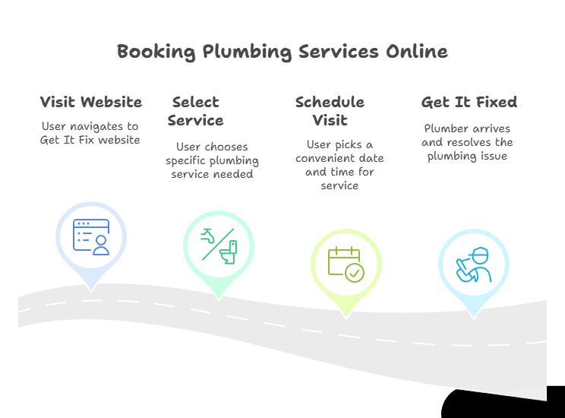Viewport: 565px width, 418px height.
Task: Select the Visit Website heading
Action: pyautogui.click(x=90, y=102)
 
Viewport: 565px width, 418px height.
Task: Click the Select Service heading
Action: pyautogui.click(x=195, y=111)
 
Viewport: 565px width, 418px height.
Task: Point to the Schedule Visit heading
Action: pyautogui.click(x=330, y=111)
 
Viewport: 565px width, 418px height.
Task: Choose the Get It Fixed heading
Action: pyautogui.click(x=469, y=102)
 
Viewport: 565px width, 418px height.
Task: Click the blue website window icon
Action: pyautogui.click(x=90, y=236)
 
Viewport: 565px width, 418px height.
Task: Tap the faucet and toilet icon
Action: pyautogui.click(x=219, y=244)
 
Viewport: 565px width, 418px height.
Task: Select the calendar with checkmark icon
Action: pyautogui.click(x=346, y=263)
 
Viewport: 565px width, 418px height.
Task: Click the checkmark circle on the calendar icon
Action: pyautogui.click(x=355, y=271)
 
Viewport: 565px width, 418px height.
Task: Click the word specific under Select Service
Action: pyautogui.click(x=190, y=161)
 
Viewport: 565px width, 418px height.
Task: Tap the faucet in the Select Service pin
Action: pyautogui.click(x=208, y=236)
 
